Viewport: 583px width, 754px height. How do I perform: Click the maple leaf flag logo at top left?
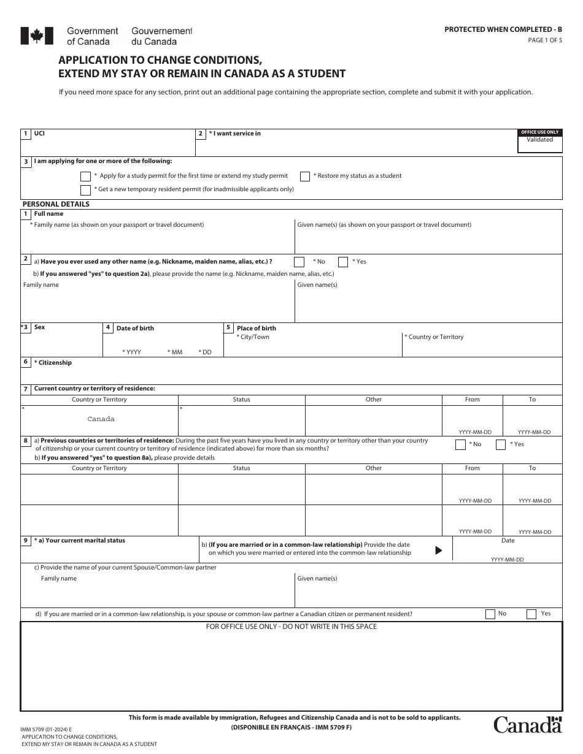33,36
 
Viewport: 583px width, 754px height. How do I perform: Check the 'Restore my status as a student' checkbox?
305,177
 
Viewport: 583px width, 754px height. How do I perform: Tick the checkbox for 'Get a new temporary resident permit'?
86,190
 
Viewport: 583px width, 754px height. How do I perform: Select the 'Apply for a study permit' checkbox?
86,177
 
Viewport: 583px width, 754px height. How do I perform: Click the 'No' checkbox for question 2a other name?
299,262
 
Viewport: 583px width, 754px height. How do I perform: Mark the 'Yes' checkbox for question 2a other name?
343,262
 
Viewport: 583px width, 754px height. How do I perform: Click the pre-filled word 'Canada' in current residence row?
101,419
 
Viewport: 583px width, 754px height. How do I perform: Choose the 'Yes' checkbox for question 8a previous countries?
501,444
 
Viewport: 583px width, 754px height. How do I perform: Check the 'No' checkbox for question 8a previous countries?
460,444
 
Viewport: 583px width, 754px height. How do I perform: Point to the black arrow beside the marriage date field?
438,550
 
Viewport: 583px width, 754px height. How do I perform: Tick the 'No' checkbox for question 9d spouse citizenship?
490,614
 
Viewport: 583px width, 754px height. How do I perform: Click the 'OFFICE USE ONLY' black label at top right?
539,132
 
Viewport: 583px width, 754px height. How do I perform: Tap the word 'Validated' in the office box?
539,140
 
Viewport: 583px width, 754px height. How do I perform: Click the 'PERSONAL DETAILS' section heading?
56,204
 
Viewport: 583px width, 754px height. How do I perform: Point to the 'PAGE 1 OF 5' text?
544,40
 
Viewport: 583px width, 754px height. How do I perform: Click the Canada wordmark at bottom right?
528,725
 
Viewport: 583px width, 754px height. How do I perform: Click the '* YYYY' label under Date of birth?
132,352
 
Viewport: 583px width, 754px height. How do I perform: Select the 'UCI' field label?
39,133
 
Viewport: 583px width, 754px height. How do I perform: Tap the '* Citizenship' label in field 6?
53,363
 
